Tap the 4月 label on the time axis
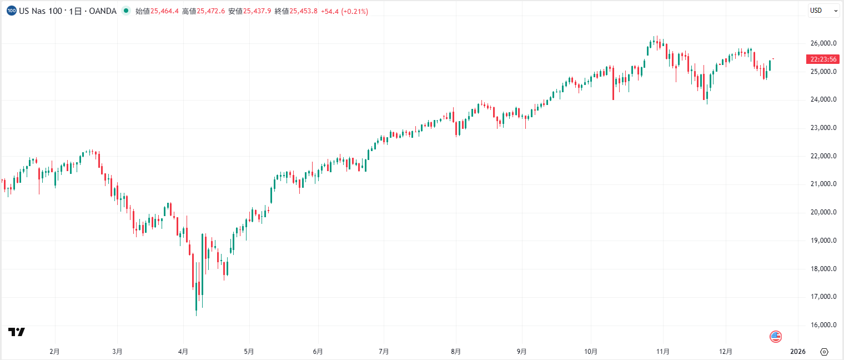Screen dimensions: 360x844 [x=183, y=352]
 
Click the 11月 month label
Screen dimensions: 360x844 [x=662, y=352]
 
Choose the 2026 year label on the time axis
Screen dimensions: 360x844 [x=797, y=352]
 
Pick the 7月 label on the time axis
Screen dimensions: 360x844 [x=383, y=352]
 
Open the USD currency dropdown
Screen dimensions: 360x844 [x=823, y=11]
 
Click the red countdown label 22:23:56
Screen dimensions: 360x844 [x=823, y=59]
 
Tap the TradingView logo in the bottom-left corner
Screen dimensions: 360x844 [x=17, y=332]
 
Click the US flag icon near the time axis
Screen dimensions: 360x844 [x=776, y=336]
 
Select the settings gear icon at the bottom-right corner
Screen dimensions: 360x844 [x=824, y=352]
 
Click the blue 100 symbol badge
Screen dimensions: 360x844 [x=11, y=11]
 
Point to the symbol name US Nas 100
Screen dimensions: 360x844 [x=41, y=11]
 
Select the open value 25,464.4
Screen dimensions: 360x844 [x=164, y=11]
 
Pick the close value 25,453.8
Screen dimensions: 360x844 [x=303, y=11]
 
